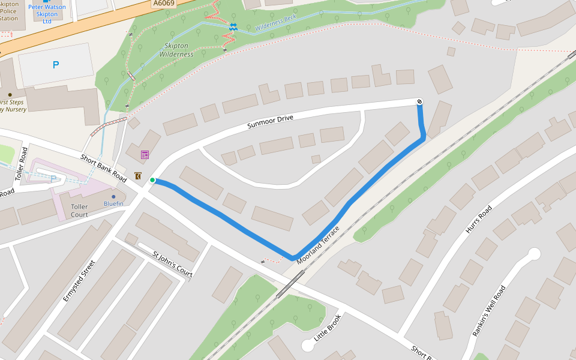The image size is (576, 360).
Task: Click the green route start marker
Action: (x=152, y=180)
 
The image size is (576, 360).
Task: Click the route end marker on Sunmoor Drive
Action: (x=419, y=101)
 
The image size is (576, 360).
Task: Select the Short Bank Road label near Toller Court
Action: (x=104, y=169)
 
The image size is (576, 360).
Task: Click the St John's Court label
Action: (x=173, y=265)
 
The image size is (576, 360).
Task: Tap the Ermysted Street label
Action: (x=79, y=281)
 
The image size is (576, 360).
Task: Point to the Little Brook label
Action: (x=328, y=328)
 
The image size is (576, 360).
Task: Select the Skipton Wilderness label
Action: (x=176, y=50)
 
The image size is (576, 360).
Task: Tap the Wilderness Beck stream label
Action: (x=276, y=23)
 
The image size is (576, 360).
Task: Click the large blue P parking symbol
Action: (x=56, y=65)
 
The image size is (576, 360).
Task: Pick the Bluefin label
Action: (x=113, y=204)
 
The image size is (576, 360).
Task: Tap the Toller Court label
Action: (x=79, y=211)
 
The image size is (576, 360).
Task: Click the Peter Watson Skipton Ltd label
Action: (x=47, y=14)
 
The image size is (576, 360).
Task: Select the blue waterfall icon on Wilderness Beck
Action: (x=233, y=26)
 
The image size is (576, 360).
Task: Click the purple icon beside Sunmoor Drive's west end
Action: (x=145, y=155)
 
